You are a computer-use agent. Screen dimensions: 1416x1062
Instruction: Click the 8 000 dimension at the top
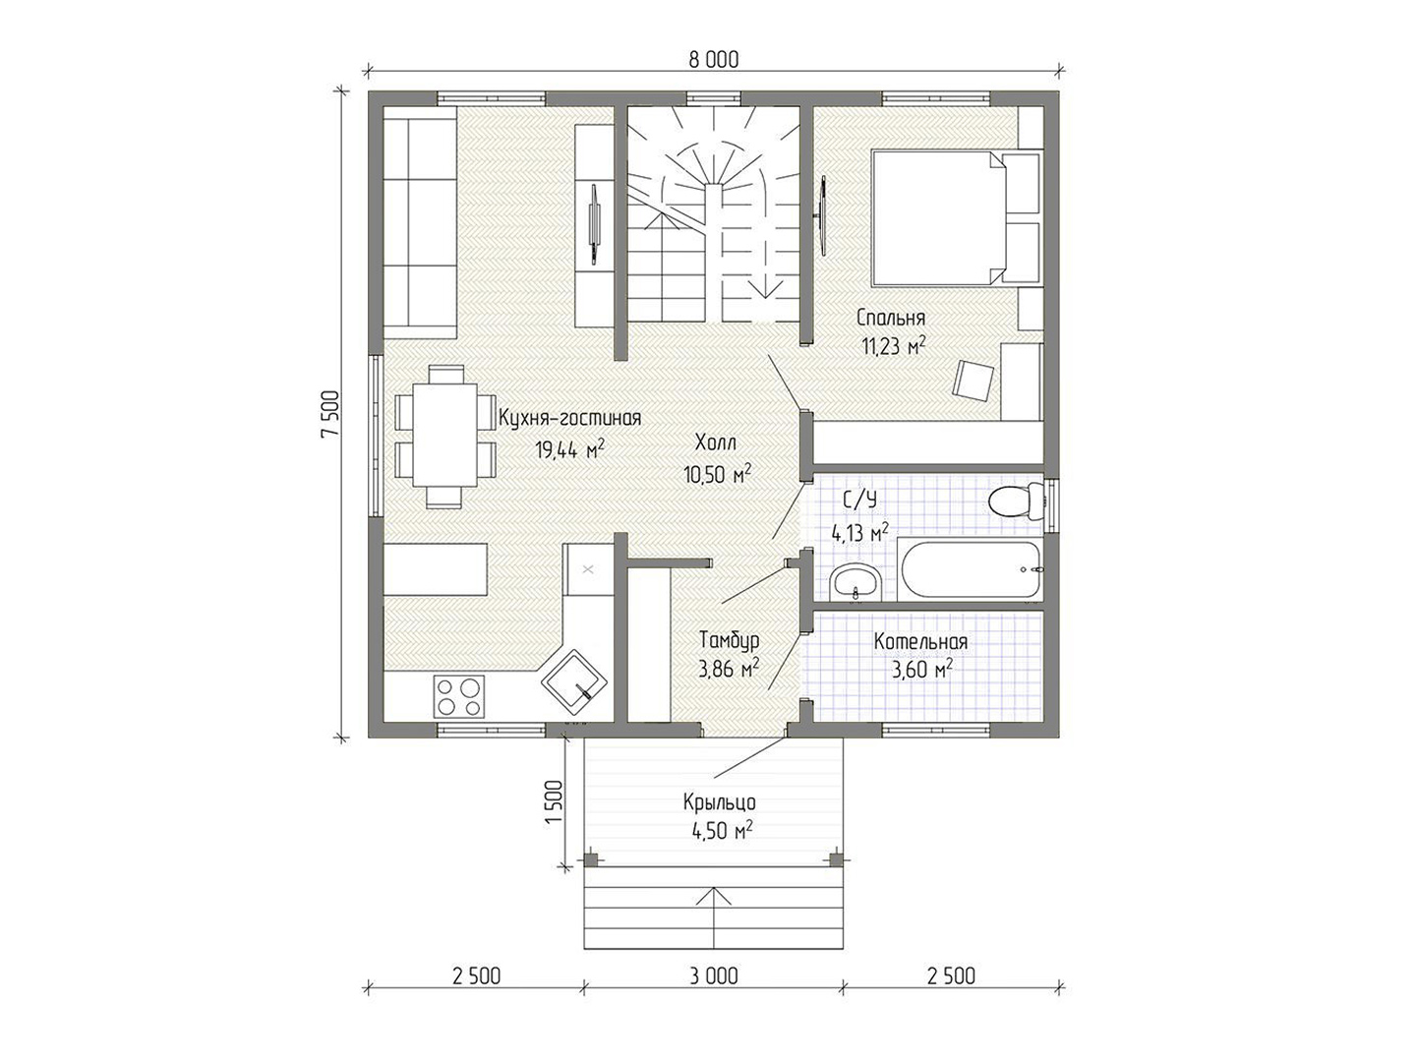[x=714, y=60]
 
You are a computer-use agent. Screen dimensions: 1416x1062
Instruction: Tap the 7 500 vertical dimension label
[x=330, y=413]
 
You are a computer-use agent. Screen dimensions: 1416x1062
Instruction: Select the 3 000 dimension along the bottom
[x=714, y=976]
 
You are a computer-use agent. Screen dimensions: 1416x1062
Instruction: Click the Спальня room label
[x=891, y=318]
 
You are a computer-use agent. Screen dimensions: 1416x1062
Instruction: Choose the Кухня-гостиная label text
[x=570, y=419]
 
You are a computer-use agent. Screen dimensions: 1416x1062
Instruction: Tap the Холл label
[x=716, y=442]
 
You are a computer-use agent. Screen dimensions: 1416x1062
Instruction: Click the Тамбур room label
[x=729, y=640]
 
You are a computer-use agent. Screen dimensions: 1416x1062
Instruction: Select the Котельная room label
[x=920, y=642]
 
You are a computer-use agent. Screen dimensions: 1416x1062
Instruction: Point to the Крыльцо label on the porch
[x=719, y=802]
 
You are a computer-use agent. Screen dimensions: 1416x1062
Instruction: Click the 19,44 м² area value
[x=569, y=449]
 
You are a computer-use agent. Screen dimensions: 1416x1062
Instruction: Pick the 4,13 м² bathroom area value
[x=859, y=533]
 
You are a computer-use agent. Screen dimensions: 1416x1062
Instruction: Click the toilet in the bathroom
[x=1016, y=501]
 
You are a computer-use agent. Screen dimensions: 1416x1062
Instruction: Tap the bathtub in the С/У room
[x=969, y=570]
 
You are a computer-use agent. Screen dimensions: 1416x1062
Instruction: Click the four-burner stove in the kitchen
[x=459, y=696]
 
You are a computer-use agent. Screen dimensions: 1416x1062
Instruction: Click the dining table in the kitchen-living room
[x=445, y=436]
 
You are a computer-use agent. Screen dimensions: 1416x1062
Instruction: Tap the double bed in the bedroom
[x=956, y=218]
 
